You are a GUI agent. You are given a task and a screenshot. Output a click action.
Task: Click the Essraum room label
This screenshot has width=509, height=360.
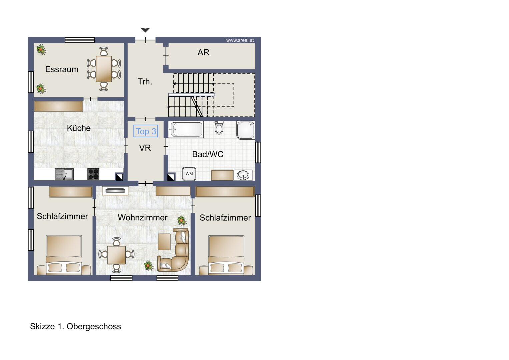click(x=62, y=69)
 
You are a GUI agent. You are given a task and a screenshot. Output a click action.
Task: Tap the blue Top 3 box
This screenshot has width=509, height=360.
click(x=146, y=131)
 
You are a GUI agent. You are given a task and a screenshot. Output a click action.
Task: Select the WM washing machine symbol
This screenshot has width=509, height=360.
click(x=189, y=174)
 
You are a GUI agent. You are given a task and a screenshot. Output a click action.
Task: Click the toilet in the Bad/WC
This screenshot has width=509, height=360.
click(x=219, y=127)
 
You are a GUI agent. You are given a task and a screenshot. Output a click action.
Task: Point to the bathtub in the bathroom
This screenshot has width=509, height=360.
click(x=186, y=129)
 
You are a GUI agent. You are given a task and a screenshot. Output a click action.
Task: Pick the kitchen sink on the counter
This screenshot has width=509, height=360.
click(x=64, y=174)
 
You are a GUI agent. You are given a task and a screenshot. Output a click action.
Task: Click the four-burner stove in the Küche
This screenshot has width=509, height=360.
click(x=93, y=174)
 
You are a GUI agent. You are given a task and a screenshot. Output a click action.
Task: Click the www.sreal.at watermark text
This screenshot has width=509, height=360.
click(x=240, y=40)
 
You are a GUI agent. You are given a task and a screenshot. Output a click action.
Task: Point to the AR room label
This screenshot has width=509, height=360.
click(x=203, y=53)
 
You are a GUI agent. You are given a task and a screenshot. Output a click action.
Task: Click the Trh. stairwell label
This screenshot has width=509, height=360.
click(x=145, y=82)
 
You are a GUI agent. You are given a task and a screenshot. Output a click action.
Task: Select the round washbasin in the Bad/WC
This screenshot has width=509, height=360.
click(x=243, y=175)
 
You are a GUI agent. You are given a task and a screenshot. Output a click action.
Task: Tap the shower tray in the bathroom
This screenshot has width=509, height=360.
click(x=246, y=130)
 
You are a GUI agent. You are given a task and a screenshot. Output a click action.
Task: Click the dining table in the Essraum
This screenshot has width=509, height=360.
click(x=104, y=69)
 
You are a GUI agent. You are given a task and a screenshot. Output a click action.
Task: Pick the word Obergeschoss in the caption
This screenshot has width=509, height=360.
click(x=94, y=326)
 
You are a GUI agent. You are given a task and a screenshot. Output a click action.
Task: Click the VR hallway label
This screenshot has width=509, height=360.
click(x=145, y=148)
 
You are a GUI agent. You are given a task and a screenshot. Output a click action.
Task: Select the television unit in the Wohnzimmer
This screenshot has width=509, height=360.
click(x=115, y=191)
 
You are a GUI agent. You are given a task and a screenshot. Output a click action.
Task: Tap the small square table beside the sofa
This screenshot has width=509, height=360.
click(x=164, y=242)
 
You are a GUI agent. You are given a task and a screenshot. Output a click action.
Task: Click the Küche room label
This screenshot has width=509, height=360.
click(x=79, y=128)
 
